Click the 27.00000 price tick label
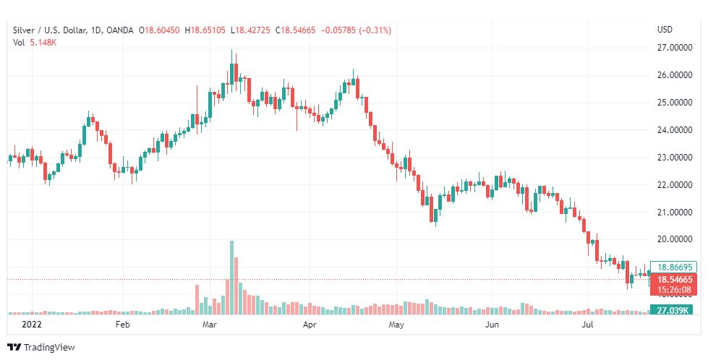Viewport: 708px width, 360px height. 671,48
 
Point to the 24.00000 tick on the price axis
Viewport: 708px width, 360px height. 671,130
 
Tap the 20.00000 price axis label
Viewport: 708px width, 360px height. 671,239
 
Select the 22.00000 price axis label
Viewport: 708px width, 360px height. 671,185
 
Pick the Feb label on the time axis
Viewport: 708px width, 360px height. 122,325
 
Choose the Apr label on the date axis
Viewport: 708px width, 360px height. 310,325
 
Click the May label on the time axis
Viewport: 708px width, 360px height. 396,325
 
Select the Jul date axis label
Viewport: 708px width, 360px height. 588,325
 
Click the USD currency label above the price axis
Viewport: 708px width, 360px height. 665,30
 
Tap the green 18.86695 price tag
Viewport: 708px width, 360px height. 673,267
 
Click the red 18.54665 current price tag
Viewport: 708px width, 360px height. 673,278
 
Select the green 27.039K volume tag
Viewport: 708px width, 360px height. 673,310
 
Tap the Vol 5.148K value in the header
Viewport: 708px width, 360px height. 35,42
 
